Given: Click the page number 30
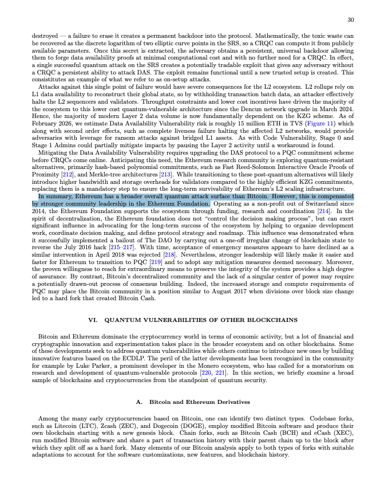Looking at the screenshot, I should click(350, 20).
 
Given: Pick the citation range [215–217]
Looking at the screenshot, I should click(126, 246).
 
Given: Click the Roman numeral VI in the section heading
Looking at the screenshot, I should click(92, 320).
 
